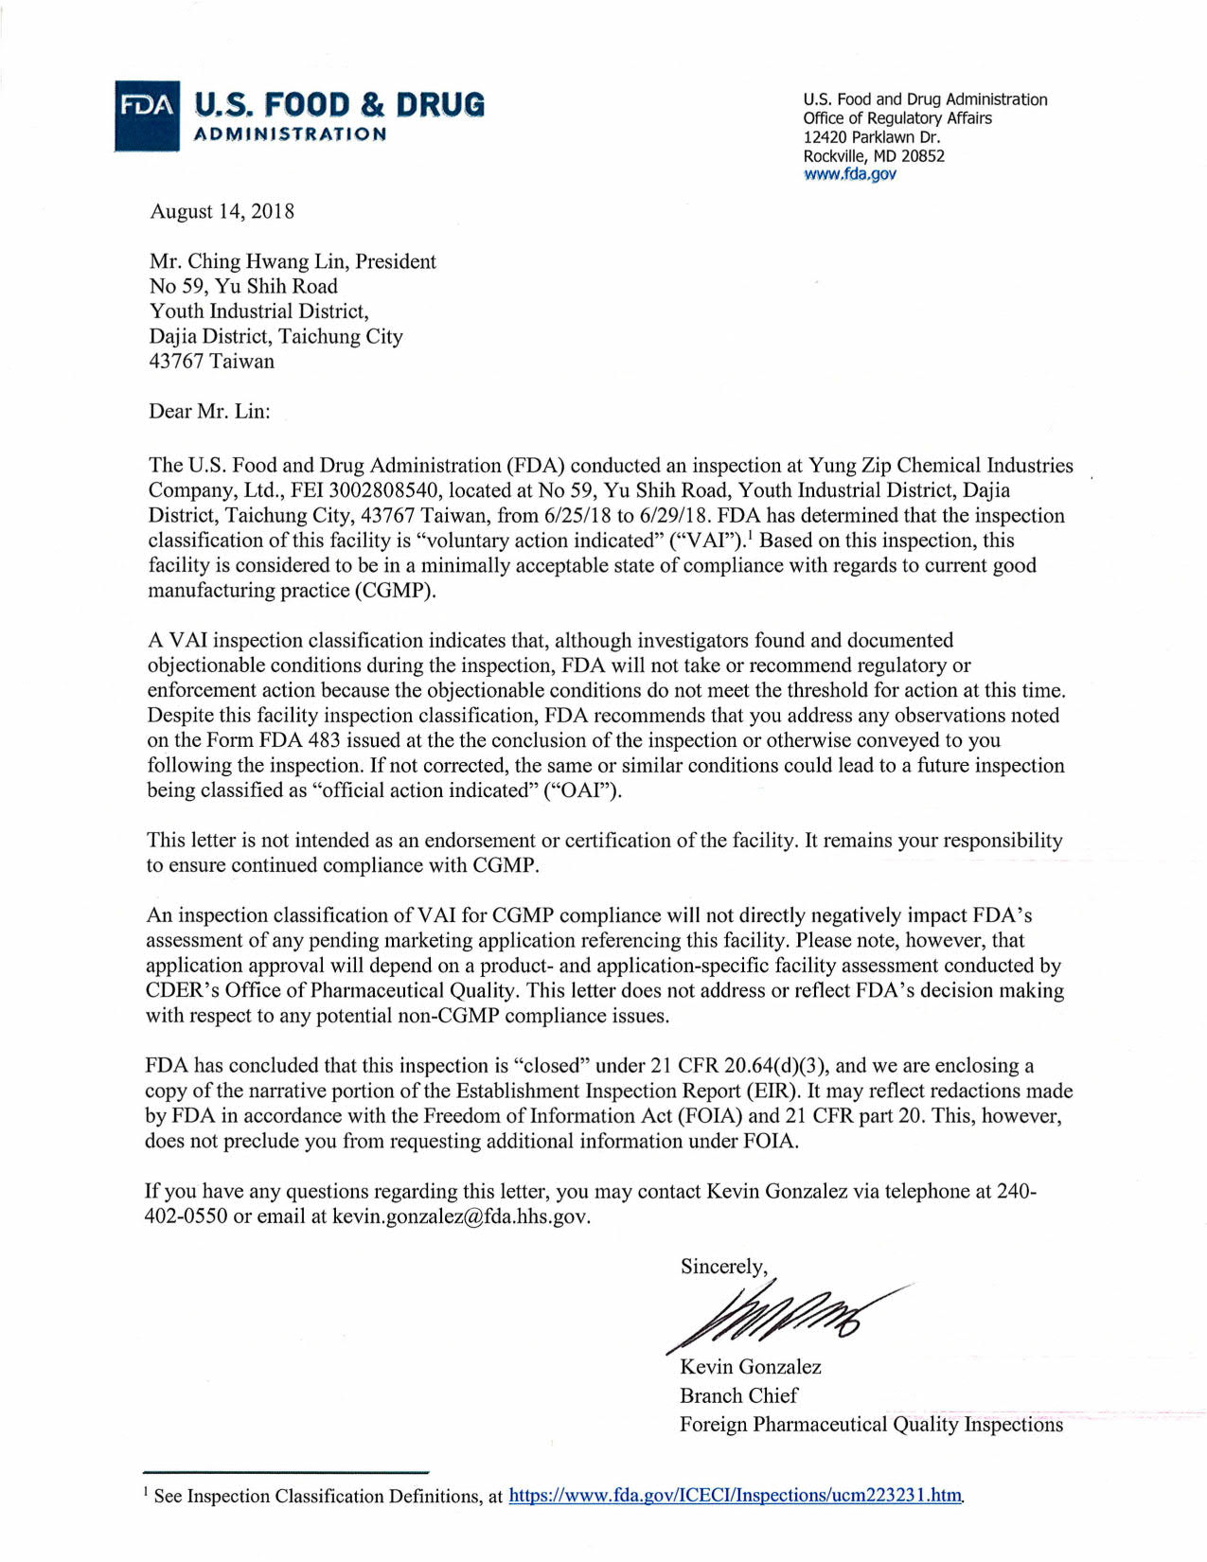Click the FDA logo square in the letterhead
(x=147, y=115)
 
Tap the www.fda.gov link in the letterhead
(x=849, y=174)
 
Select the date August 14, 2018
(x=222, y=211)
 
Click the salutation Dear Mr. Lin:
(x=209, y=411)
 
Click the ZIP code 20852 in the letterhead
(x=922, y=156)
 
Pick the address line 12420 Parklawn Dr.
(x=871, y=137)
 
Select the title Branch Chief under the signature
(x=738, y=1395)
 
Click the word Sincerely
(x=723, y=1267)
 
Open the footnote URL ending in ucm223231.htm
(x=735, y=1496)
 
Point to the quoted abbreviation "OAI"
(x=580, y=790)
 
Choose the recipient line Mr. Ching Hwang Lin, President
(x=293, y=261)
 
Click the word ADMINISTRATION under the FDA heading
(x=290, y=134)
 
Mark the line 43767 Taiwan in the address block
(x=211, y=361)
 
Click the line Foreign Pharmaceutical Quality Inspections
(x=871, y=1425)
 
